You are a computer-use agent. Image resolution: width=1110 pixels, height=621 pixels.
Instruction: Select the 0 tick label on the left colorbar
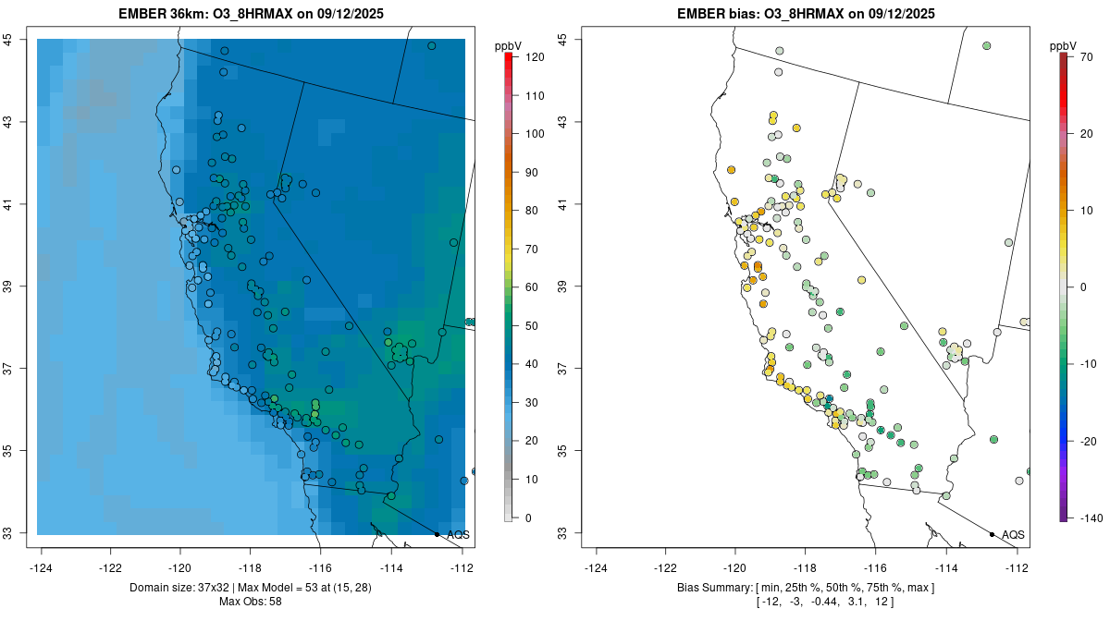pos(528,517)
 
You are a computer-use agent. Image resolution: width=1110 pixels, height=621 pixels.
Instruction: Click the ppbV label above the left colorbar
pos(508,45)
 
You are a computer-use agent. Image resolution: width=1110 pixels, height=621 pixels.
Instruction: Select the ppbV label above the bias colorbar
pos(1063,45)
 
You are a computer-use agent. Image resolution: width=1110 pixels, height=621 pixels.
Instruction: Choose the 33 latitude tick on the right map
pos(563,533)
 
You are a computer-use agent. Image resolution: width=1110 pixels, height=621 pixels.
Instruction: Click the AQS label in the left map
pos(458,535)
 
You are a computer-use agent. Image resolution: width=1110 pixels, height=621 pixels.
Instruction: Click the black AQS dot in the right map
pos(992,534)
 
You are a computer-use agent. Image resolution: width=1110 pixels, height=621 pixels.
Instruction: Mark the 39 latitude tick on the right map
pos(563,286)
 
